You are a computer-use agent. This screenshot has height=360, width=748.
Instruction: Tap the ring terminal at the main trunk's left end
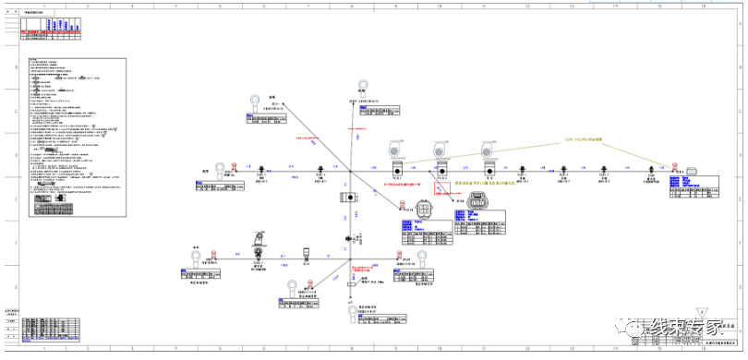coord(222,169)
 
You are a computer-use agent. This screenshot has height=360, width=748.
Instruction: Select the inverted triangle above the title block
coord(706,314)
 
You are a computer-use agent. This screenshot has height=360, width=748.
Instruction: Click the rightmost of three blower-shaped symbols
coord(488,150)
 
